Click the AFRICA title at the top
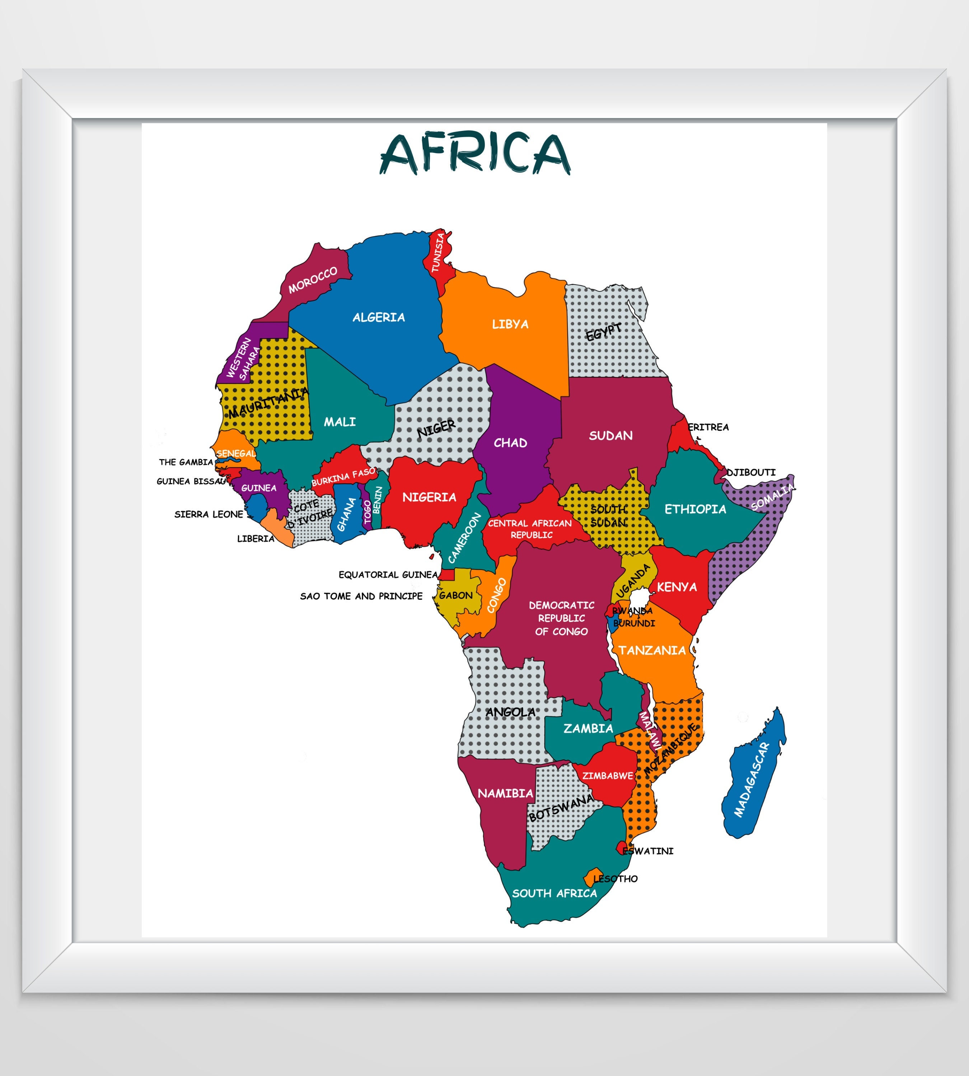click(475, 154)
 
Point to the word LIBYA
click(510, 324)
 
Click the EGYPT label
click(603, 332)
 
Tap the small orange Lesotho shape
click(591, 878)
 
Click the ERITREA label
click(708, 427)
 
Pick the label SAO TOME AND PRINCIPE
click(361, 596)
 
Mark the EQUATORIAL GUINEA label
click(388, 575)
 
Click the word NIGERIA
click(429, 497)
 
